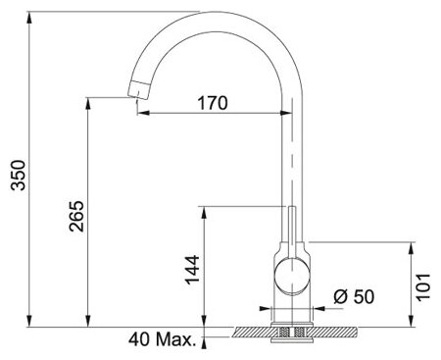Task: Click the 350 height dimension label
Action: click(18, 175)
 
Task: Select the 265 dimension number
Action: click(76, 216)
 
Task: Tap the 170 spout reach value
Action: click(213, 103)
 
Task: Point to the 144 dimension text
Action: click(192, 270)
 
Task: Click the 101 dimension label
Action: click(422, 286)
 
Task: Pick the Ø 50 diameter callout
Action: click(354, 296)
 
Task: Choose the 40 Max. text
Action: click(162, 339)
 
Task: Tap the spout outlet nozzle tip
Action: click(138, 89)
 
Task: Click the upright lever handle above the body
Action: click(292, 232)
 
